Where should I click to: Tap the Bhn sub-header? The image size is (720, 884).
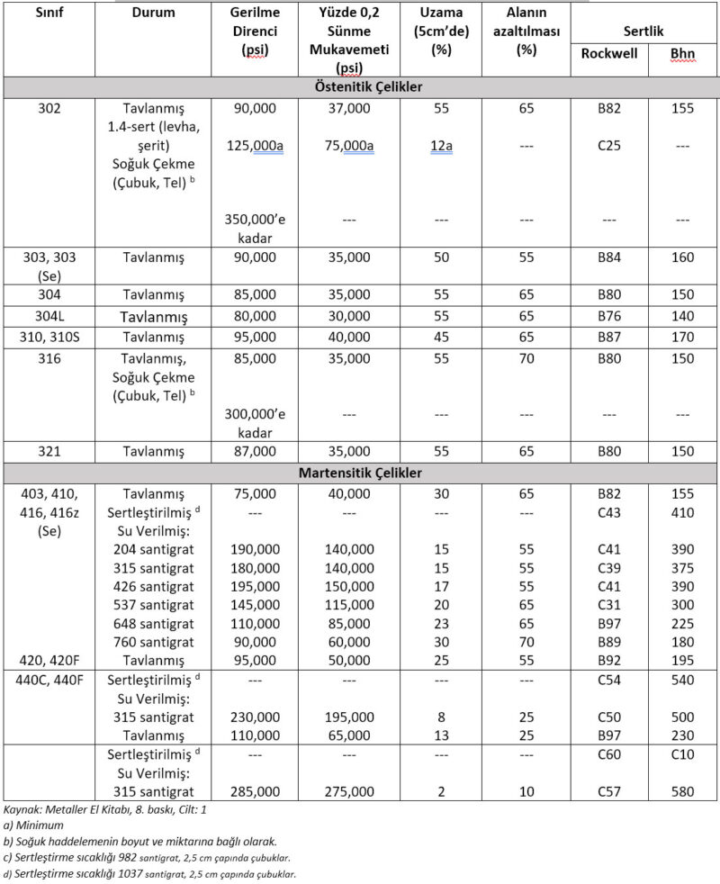(x=682, y=54)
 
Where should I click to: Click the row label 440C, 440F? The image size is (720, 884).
(x=49, y=681)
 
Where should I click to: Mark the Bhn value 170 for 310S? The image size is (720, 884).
(x=682, y=337)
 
